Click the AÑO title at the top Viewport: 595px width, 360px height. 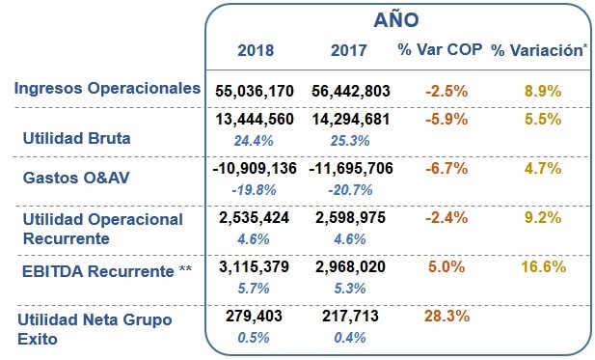pyautogui.click(x=395, y=19)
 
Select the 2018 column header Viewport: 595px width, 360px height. pyautogui.click(x=256, y=50)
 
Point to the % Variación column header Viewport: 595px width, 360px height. pyautogui.click(x=539, y=50)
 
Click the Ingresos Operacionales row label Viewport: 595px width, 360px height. pyautogui.click(x=107, y=89)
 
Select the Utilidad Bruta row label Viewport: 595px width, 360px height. pyautogui.click(x=76, y=137)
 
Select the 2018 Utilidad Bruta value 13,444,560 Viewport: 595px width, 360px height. pyautogui.click(x=255, y=120)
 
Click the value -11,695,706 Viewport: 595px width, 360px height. pyautogui.click(x=351, y=168)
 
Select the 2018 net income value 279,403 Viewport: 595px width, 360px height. pyautogui.click(x=253, y=316)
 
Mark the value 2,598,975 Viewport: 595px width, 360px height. pyautogui.click(x=351, y=218)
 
